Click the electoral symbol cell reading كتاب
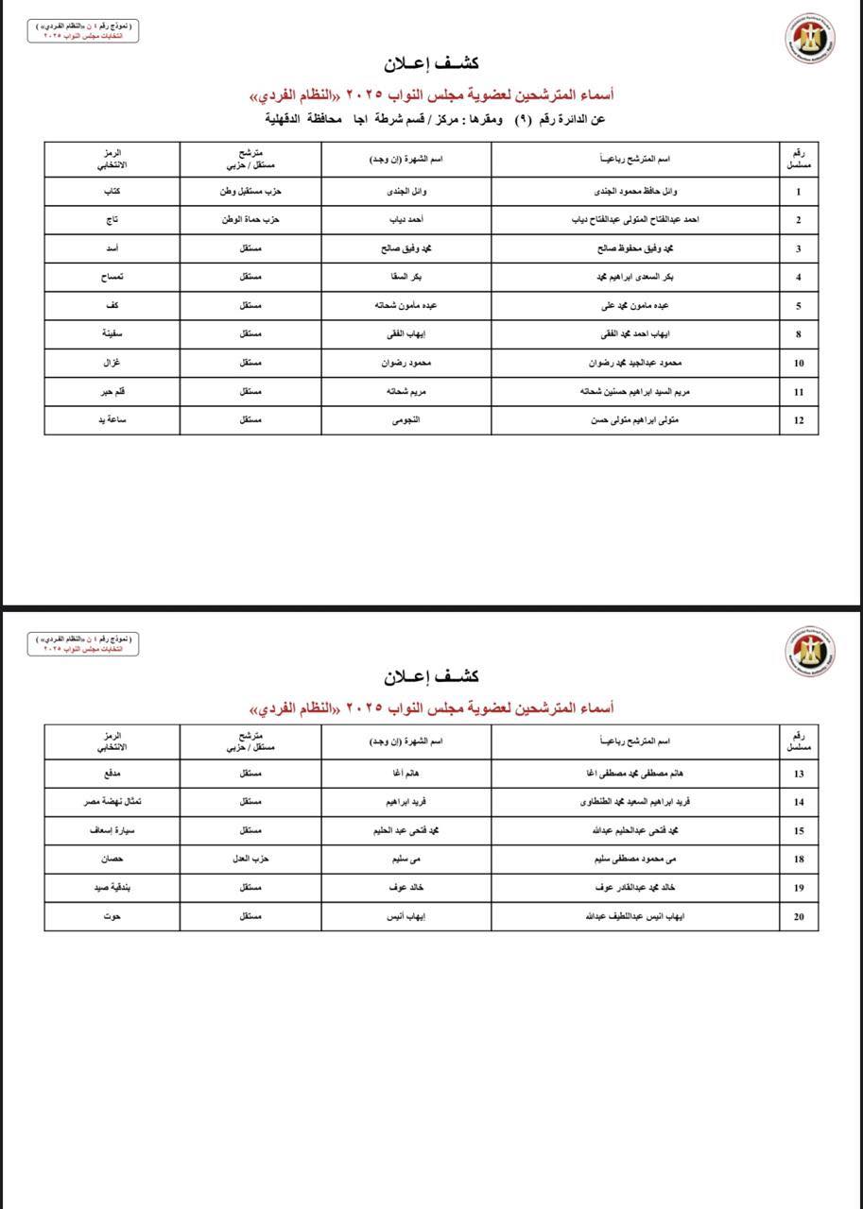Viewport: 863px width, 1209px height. [112, 192]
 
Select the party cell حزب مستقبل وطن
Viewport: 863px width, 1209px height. [250, 192]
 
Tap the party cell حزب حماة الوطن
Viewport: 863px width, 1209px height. [250, 220]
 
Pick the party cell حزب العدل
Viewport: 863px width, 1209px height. [250, 860]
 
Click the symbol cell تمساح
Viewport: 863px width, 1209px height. [112, 278]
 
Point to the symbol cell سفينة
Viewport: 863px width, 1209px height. [112, 334]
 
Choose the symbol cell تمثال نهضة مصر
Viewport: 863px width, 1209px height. [112, 802]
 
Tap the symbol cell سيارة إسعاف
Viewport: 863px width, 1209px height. [112, 831]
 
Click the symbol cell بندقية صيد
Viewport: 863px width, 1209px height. [112, 888]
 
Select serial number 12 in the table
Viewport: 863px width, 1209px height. [799, 420]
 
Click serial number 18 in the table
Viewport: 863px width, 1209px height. [799, 860]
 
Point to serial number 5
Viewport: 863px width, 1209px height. [799, 306]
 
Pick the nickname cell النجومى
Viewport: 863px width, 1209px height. [406, 420]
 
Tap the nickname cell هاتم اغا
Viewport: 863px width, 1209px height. [406, 774]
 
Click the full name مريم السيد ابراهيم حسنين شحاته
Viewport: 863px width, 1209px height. [634, 392]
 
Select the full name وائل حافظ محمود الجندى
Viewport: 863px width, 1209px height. [634, 192]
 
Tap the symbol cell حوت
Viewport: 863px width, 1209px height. [112, 916]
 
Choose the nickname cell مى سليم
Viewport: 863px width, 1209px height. [406, 860]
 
